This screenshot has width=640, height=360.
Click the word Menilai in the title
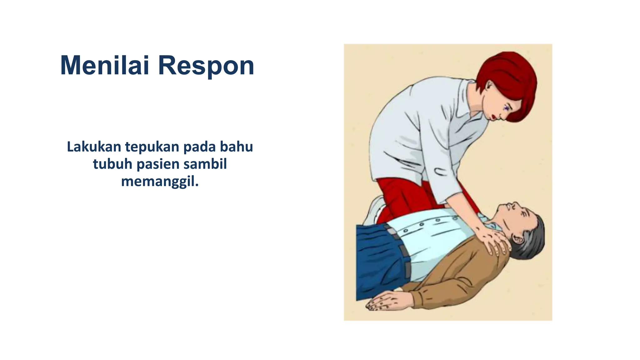[x=104, y=66]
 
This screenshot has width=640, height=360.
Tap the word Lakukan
[x=94, y=147]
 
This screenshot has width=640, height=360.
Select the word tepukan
[x=152, y=147]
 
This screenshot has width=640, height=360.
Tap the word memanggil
[x=160, y=181]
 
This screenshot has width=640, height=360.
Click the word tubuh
[x=112, y=164]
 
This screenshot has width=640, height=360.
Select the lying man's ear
[x=518, y=239]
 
